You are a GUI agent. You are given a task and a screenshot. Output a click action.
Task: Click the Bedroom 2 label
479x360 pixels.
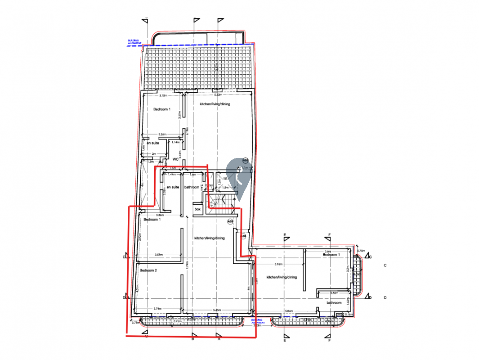point(148,270)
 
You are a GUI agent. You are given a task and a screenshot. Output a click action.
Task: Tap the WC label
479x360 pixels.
point(176,159)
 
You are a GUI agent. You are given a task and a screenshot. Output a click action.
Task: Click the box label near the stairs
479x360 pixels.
point(197,209)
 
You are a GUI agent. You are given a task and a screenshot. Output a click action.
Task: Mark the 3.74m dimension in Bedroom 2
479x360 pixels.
point(157,308)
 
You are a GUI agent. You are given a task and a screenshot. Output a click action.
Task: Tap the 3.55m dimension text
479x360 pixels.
point(158,255)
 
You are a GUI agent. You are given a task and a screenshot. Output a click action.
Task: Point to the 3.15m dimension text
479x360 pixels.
point(163,95)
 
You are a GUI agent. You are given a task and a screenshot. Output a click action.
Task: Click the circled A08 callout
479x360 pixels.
point(245,161)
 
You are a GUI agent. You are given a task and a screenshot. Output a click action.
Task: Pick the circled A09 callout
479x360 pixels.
point(230,221)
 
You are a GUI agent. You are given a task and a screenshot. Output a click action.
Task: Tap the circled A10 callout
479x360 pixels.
point(244,236)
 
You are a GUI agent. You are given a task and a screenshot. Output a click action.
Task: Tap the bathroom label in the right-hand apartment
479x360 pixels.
point(334,303)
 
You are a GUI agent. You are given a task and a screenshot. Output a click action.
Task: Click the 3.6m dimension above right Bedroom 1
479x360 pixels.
point(327,251)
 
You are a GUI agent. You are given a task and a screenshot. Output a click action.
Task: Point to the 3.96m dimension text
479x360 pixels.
point(279,264)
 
